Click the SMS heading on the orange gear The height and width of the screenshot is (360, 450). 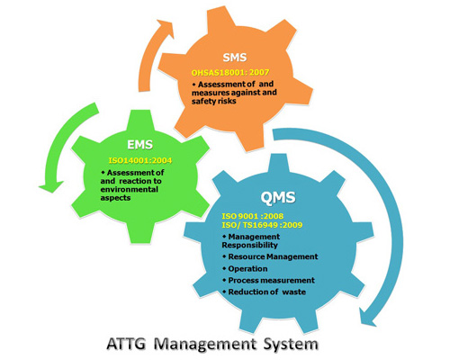235,58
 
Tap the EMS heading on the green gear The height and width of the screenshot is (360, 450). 140,145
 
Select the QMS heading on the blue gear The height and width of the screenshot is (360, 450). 278,197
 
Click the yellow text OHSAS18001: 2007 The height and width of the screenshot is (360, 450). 230,72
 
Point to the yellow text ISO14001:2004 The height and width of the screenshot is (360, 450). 140,160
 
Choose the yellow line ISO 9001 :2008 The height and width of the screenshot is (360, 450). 253,216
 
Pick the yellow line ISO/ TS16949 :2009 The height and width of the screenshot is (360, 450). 262,225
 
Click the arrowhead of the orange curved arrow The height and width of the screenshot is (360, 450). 166,28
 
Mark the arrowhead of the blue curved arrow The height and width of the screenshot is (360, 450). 368,318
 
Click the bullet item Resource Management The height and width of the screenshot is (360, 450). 270,256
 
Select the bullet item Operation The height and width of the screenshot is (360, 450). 245,269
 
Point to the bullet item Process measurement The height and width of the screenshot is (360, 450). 268,280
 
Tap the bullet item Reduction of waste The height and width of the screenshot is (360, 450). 264,292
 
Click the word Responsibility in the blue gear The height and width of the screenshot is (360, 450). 249,245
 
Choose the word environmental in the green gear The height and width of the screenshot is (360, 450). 130,190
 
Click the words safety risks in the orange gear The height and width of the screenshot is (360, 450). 214,101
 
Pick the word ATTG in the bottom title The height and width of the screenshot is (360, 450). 126,344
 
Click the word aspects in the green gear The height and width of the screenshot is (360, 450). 115,198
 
